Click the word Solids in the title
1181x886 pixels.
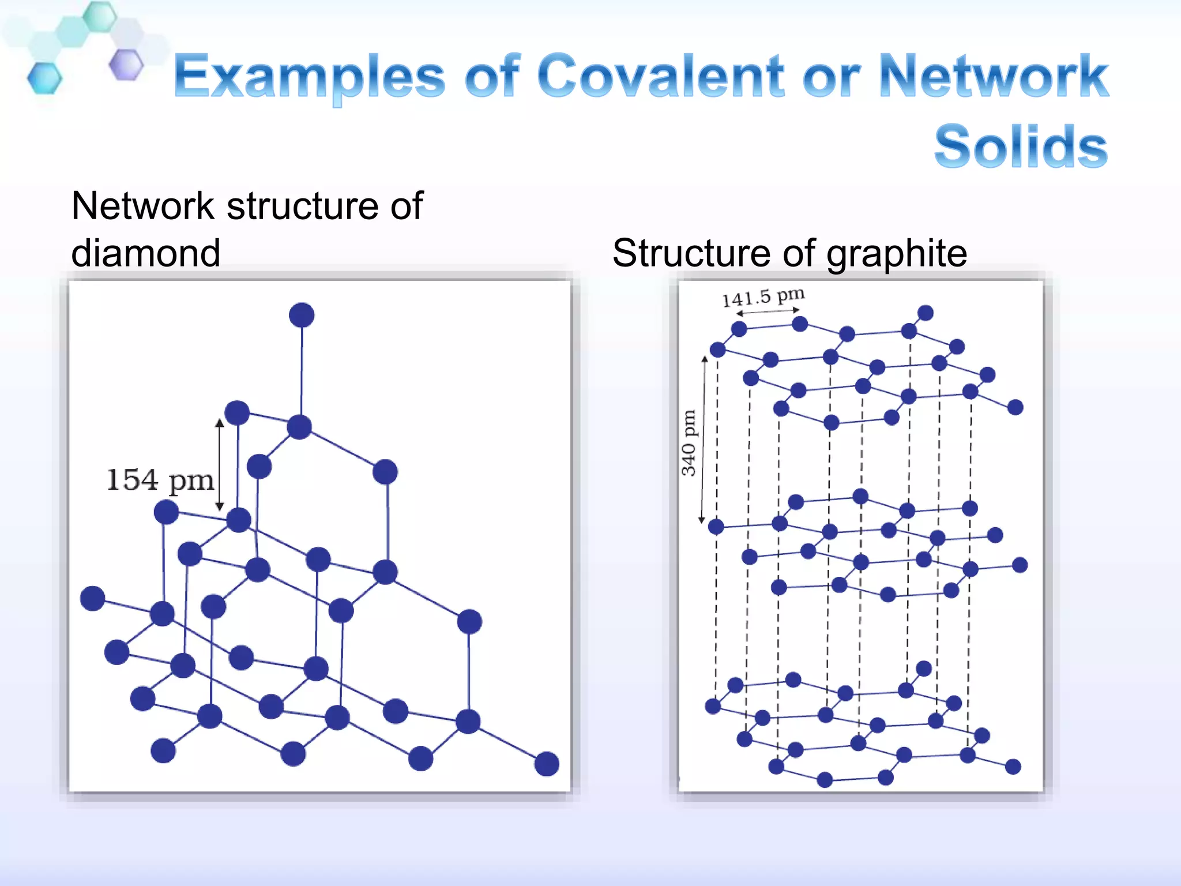1020,147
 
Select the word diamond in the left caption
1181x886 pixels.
146,253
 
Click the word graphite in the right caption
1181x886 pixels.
896,253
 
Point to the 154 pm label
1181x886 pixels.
160,480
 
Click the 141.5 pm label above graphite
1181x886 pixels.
763,297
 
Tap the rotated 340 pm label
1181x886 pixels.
689,442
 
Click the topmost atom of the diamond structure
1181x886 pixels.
302,316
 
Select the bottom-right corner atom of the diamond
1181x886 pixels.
547,764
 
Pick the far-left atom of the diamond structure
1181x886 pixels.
92,598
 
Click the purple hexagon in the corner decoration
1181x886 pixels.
126,65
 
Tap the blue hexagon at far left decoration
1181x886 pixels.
44,78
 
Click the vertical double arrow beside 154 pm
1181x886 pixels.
220,465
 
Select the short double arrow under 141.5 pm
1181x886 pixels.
768,312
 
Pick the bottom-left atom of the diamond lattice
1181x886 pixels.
163,750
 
